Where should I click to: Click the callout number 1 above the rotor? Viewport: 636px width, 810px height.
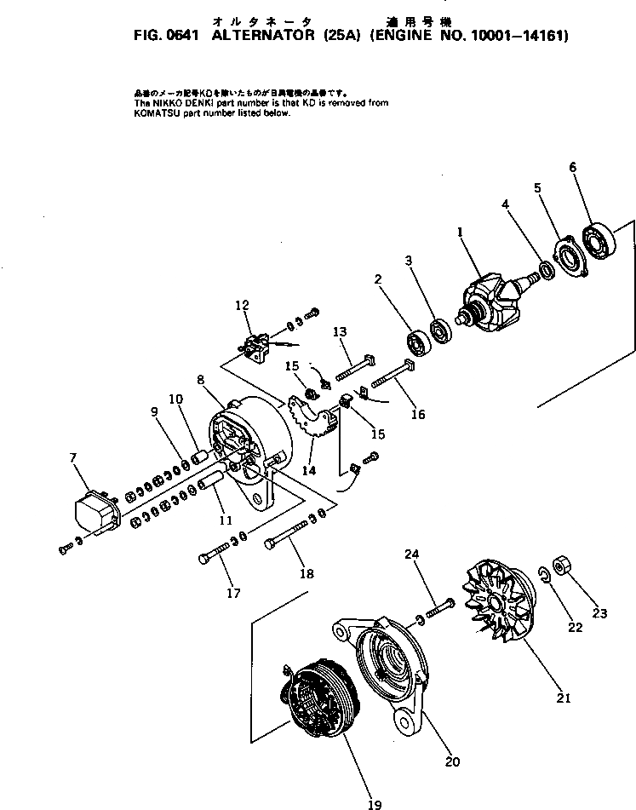tap(461, 231)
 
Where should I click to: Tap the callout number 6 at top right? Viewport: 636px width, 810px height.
tap(573, 168)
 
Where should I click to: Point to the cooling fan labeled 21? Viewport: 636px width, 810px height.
tap(496, 606)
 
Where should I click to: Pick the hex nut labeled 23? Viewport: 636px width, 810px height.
tap(563, 566)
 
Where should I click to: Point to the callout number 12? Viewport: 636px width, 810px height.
tap(243, 304)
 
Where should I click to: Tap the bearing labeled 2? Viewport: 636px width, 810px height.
tap(419, 342)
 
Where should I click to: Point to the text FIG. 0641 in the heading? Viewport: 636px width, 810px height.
tap(163, 36)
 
